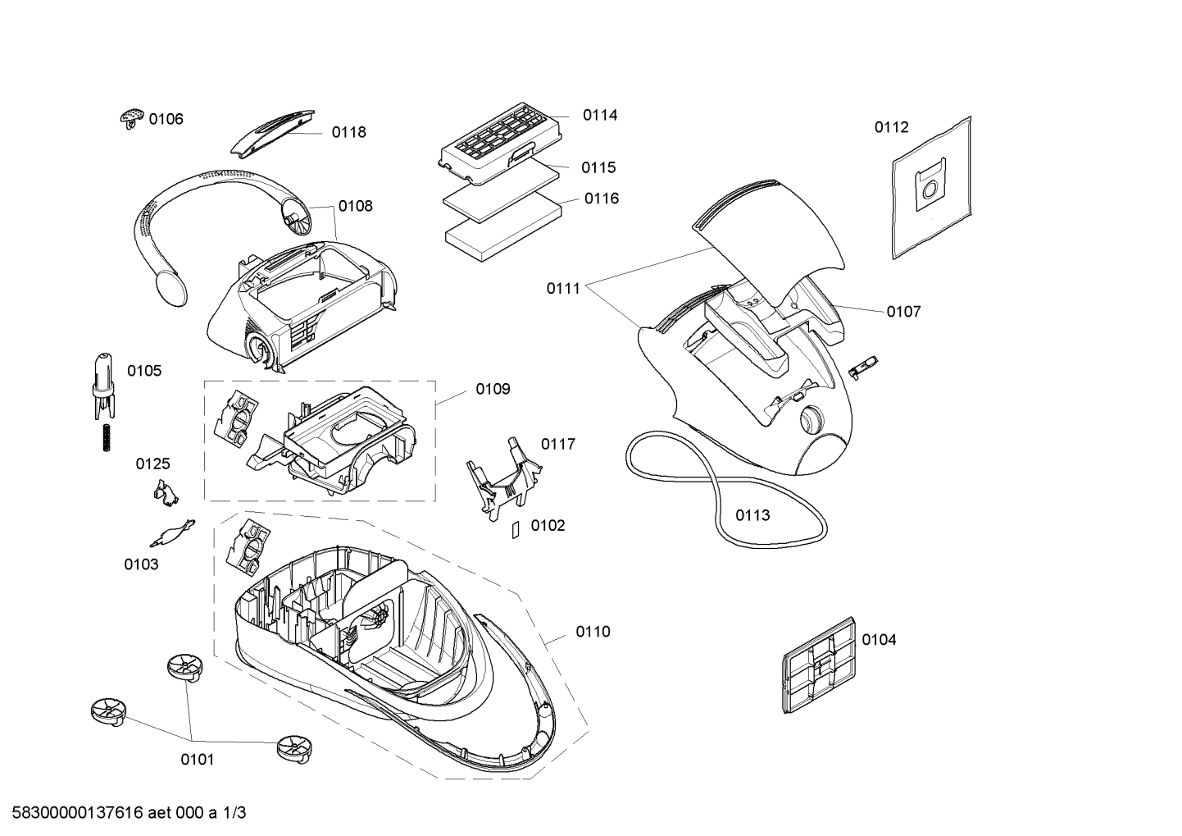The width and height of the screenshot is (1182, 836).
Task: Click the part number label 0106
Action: (x=166, y=119)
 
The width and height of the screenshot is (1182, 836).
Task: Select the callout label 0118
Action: (x=349, y=133)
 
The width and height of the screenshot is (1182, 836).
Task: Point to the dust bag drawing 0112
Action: (x=932, y=188)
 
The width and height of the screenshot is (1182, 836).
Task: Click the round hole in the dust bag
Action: (x=932, y=188)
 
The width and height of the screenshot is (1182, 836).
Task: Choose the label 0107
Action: (x=903, y=312)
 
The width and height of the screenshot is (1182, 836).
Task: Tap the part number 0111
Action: (x=563, y=288)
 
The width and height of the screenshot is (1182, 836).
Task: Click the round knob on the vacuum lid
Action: (x=811, y=420)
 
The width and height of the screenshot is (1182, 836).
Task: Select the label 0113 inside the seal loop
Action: (x=752, y=515)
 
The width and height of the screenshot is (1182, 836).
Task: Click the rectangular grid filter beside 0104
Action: (x=818, y=665)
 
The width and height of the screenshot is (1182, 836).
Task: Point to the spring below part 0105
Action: (x=106, y=437)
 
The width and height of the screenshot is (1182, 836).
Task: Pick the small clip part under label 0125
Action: (x=166, y=494)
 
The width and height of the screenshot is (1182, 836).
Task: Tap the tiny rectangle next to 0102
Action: (x=516, y=530)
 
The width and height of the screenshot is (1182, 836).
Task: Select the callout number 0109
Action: (x=493, y=389)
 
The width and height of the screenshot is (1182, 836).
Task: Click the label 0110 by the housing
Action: (x=593, y=632)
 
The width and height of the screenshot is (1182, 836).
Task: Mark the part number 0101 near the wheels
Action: (x=198, y=760)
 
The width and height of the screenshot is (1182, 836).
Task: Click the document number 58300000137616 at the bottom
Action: (x=77, y=813)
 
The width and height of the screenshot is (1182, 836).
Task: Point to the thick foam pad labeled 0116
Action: (x=503, y=227)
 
